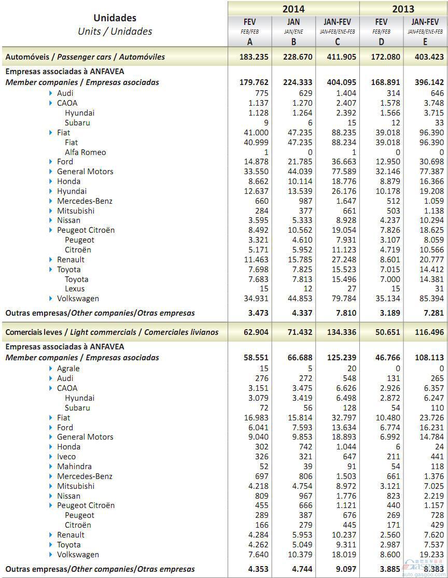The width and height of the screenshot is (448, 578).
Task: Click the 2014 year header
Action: click(x=293, y=8)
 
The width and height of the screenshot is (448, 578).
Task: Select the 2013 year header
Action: click(x=403, y=8)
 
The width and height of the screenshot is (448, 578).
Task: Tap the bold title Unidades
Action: click(x=115, y=18)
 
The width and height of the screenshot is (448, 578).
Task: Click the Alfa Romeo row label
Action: click(x=85, y=152)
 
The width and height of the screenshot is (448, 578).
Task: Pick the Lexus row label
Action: click(x=75, y=289)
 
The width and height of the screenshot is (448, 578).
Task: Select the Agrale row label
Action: click(x=68, y=368)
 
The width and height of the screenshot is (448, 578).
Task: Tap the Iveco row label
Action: click(x=66, y=456)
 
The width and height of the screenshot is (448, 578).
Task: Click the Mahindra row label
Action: click(x=74, y=466)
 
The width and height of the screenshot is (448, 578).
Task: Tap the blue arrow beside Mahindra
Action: click(x=51, y=466)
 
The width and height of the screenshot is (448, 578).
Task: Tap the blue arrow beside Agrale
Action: click(x=51, y=368)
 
